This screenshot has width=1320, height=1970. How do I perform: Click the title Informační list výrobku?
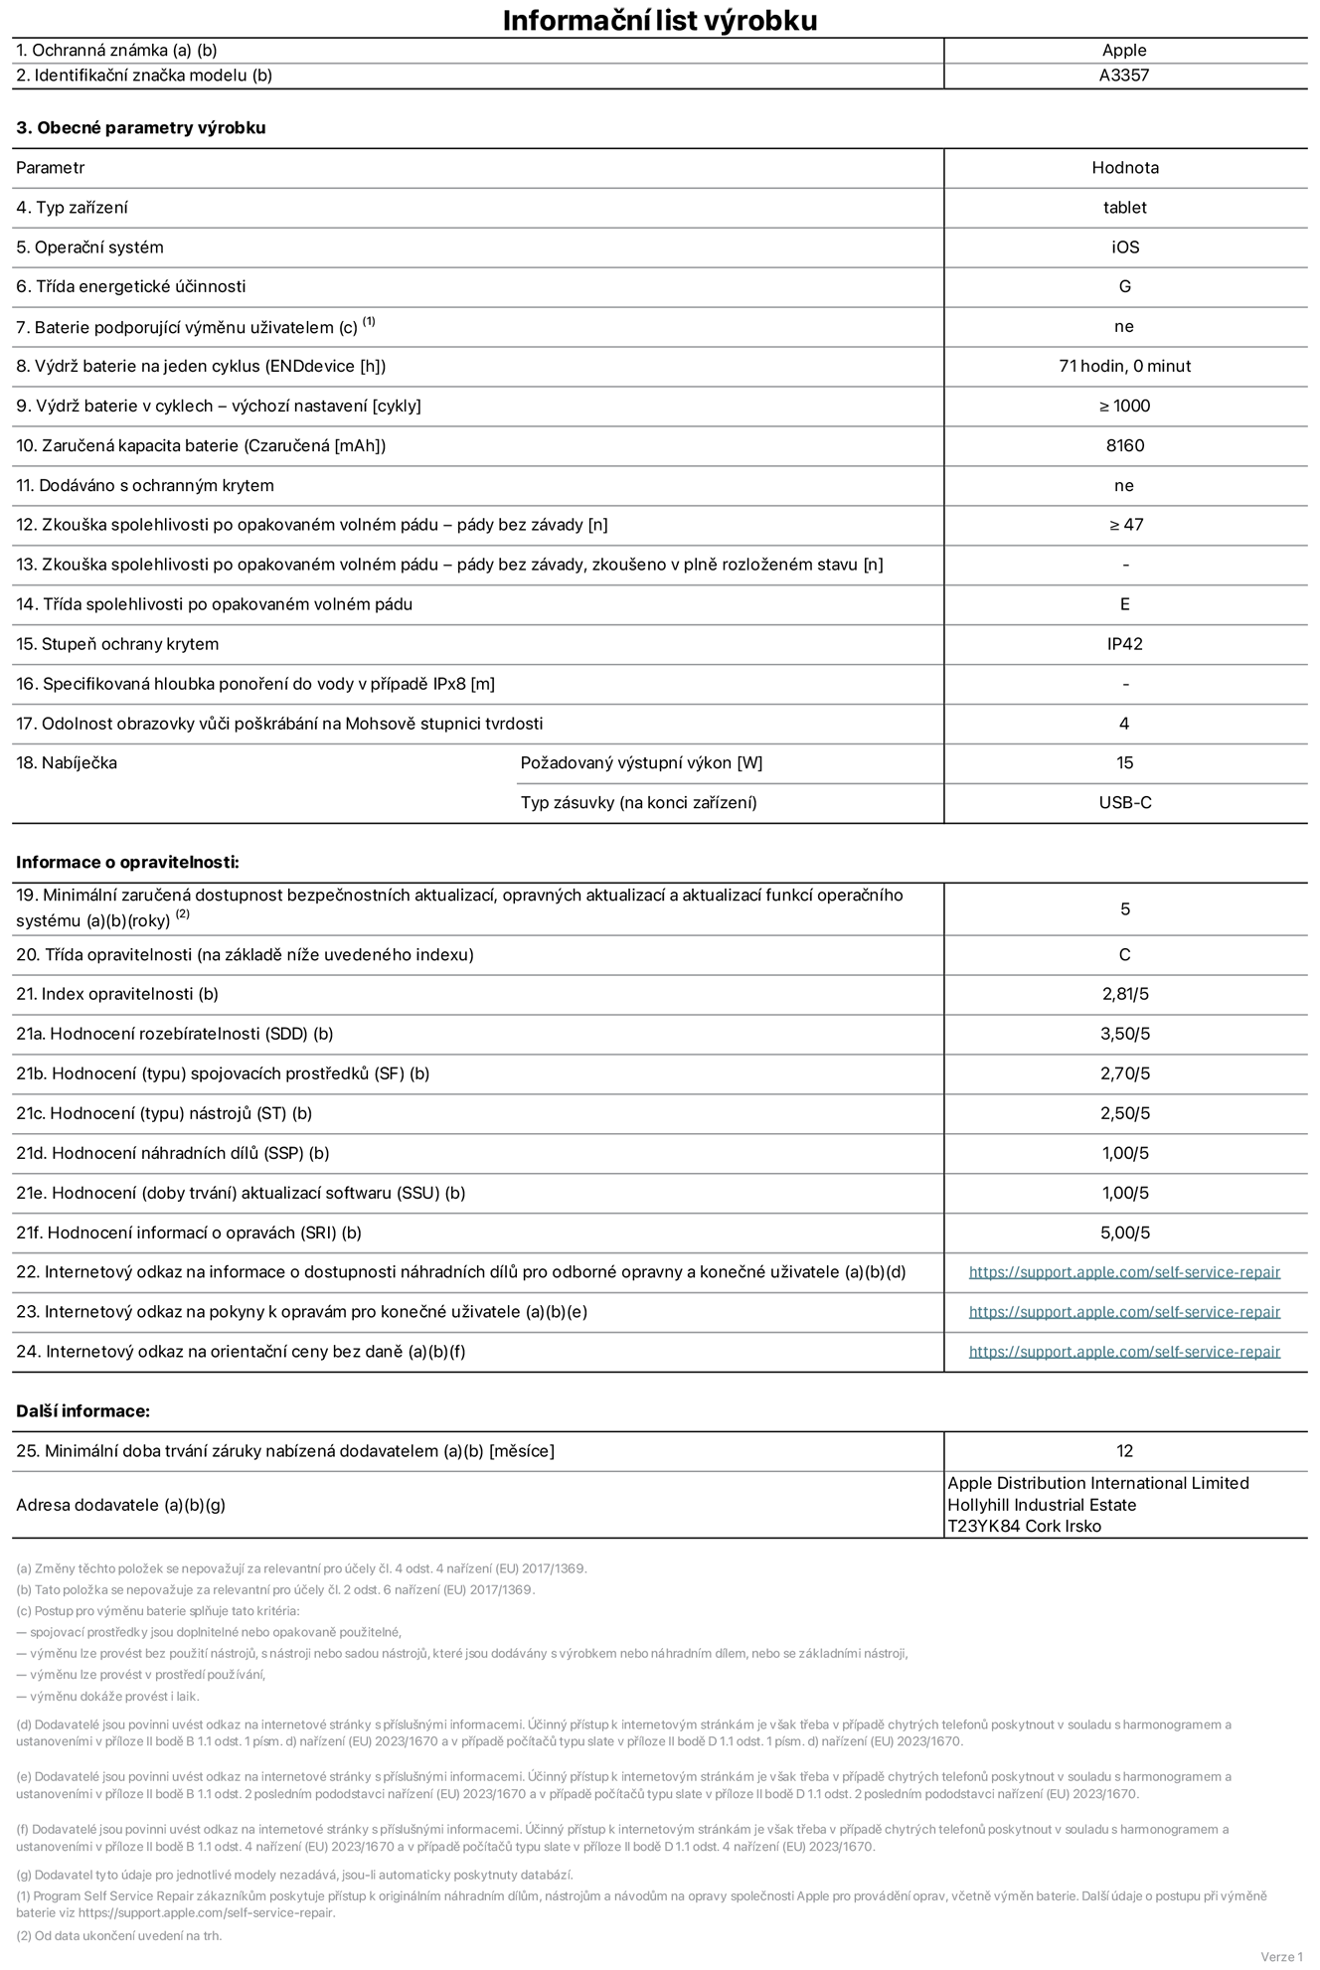click(x=659, y=20)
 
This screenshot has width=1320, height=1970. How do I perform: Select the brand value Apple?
click(x=1124, y=51)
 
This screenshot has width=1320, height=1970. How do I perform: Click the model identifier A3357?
click(x=1124, y=76)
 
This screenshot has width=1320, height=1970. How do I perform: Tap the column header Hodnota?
click(x=1124, y=168)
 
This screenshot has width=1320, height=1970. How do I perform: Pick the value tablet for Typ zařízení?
click(x=1124, y=208)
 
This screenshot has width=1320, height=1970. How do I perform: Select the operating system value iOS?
click(x=1124, y=247)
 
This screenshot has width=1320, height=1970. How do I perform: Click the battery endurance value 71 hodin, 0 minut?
click(x=1124, y=367)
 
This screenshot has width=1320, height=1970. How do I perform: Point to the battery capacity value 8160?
click(x=1124, y=446)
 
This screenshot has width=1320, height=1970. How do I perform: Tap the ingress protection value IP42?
click(x=1124, y=644)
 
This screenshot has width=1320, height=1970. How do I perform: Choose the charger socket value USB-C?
click(x=1124, y=803)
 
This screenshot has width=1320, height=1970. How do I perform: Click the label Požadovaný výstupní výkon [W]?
click(x=641, y=763)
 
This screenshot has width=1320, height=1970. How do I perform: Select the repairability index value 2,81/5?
click(x=1124, y=994)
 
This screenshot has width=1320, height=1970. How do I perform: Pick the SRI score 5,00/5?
click(x=1124, y=1232)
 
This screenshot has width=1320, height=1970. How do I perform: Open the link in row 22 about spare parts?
click(x=1124, y=1272)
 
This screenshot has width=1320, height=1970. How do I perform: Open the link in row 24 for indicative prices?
click(x=1124, y=1352)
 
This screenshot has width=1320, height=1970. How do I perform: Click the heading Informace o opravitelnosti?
click(x=127, y=863)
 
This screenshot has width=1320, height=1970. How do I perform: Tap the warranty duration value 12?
click(x=1124, y=1451)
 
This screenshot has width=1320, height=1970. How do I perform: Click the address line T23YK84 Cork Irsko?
click(x=1024, y=1527)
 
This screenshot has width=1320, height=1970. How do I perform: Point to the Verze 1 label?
click(x=1280, y=1957)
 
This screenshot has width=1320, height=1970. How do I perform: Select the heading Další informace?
click(x=82, y=1411)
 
